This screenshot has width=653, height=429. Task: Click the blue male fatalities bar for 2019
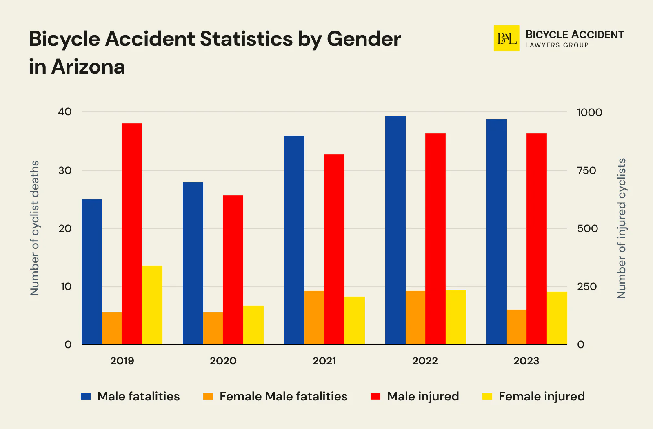[92, 272]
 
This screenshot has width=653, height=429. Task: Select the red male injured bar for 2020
[233, 270]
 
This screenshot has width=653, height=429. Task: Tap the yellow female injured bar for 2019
[152, 305]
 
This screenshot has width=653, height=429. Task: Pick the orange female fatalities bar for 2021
[314, 317]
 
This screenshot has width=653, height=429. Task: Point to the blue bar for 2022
[395, 230]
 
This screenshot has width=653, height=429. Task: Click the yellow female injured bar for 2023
[557, 318]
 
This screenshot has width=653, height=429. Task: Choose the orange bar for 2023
[517, 327]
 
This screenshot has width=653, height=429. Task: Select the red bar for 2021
[334, 249]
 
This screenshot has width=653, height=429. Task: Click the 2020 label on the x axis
[223, 361]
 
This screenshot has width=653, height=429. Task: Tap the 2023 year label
[526, 361]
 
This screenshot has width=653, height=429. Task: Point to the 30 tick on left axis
[65, 170]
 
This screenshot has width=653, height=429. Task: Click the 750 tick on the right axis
[586, 170]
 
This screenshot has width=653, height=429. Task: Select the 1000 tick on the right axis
[589, 112]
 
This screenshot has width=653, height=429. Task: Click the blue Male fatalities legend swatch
[86, 396]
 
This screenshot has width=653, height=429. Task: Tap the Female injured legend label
[542, 396]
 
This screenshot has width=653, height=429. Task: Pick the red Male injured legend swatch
[375, 396]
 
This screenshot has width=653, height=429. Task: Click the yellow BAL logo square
[506, 38]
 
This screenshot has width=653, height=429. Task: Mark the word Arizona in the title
[88, 67]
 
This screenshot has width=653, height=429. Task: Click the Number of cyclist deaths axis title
[35, 228]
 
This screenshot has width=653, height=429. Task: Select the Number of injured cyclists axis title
[621, 228]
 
